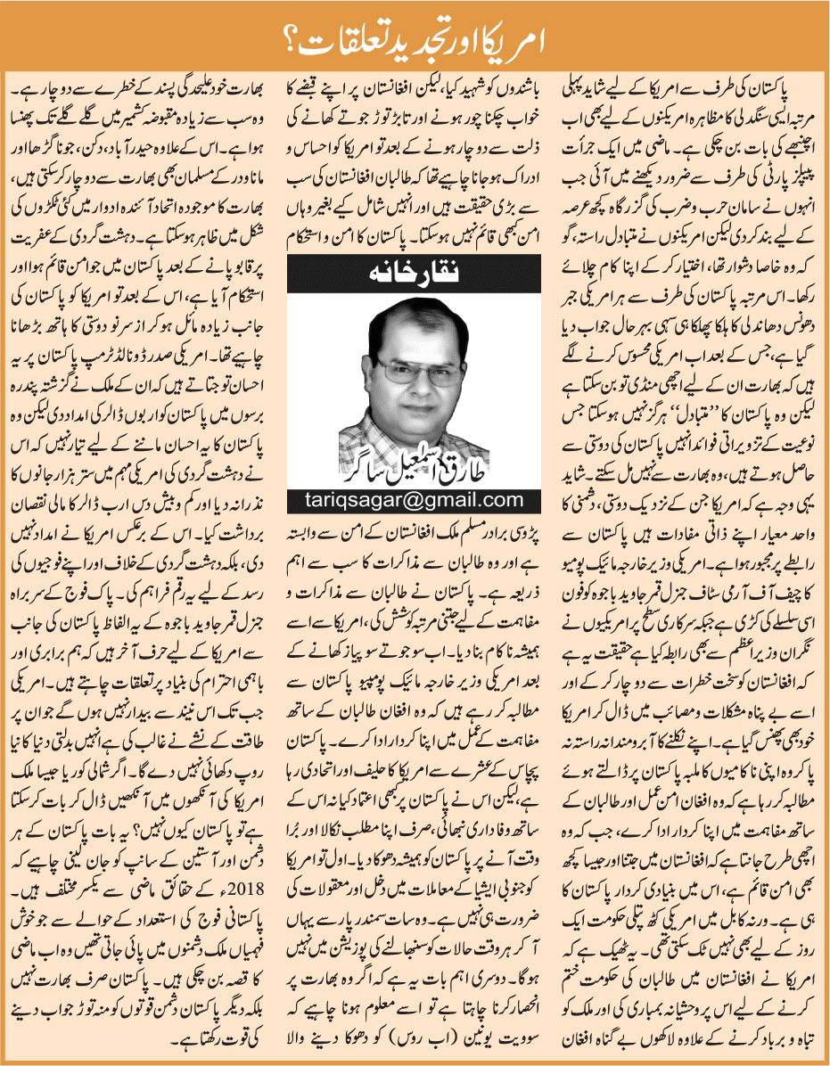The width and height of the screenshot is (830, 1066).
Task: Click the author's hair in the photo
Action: click(418, 316)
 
